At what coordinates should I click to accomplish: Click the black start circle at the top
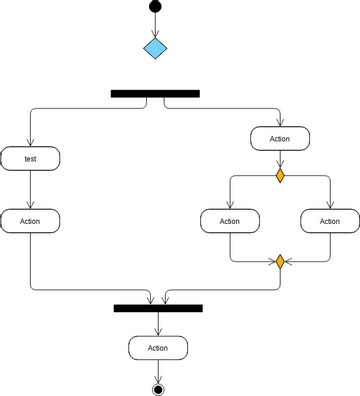pyautogui.click(x=155, y=8)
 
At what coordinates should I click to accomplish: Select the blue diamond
pyautogui.click(x=155, y=48)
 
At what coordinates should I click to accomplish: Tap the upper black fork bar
pyautogui.click(x=155, y=93)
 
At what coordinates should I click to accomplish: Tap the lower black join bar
pyautogui.click(x=158, y=309)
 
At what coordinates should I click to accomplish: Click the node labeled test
pyautogui.click(x=30, y=158)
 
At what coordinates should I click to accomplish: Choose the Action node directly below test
pyautogui.click(x=30, y=221)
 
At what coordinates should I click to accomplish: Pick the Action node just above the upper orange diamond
pyautogui.click(x=280, y=139)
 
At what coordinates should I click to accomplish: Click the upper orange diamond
pyautogui.click(x=280, y=176)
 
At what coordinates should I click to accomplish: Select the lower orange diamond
pyautogui.click(x=280, y=262)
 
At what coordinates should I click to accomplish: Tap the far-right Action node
pyautogui.click(x=329, y=221)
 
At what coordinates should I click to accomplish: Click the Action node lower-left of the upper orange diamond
pyautogui.click(x=230, y=221)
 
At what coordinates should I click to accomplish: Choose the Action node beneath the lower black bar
pyautogui.click(x=157, y=348)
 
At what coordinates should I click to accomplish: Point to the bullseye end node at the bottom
pyautogui.click(x=157, y=388)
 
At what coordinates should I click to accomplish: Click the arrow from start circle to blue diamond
pyautogui.click(x=155, y=26)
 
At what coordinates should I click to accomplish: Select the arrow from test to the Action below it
pyautogui.click(x=30, y=189)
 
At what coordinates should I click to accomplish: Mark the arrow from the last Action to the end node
pyautogui.click(x=157, y=370)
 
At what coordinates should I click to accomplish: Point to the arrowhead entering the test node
pyautogui.click(x=30, y=141)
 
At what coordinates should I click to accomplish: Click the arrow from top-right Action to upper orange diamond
pyautogui.click(x=280, y=160)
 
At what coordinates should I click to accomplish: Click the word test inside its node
pyautogui.click(x=30, y=158)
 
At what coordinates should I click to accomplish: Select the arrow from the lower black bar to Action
pyautogui.click(x=157, y=324)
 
